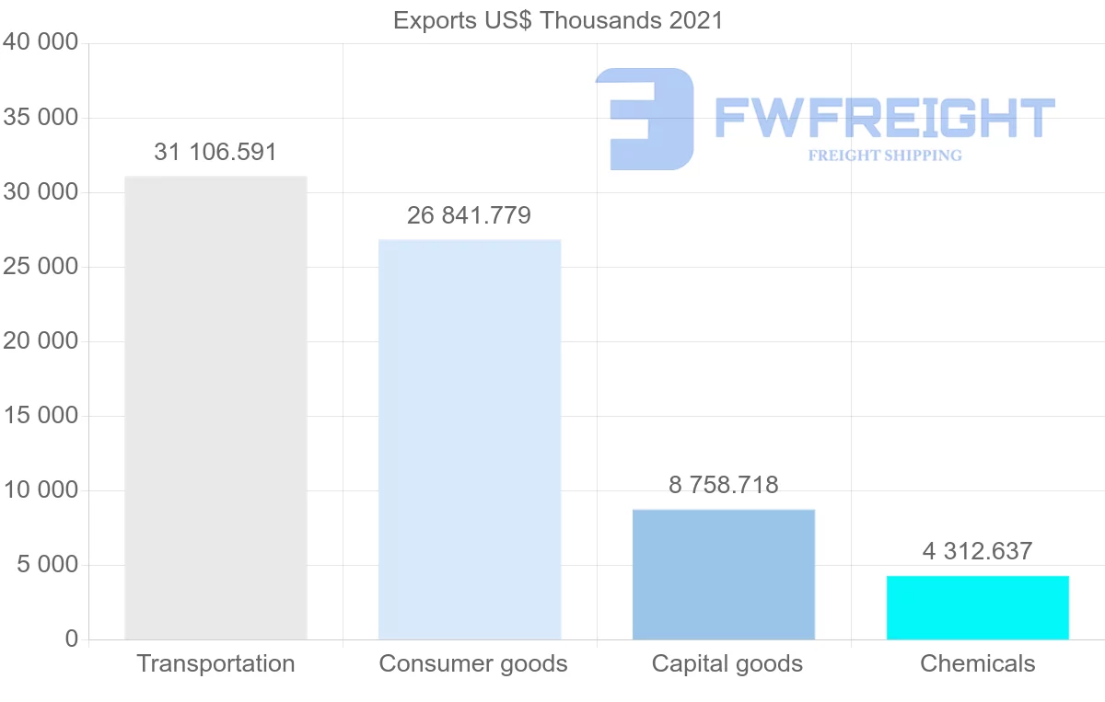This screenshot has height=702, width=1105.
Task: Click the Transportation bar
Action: [x=215, y=408]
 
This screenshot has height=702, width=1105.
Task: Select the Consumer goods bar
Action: [x=470, y=440]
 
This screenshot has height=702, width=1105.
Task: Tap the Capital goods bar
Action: [x=724, y=574]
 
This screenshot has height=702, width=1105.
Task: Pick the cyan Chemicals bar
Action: [x=978, y=607]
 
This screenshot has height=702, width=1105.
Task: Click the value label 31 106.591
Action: [x=215, y=153]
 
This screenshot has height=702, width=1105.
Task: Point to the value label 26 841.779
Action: [x=470, y=216]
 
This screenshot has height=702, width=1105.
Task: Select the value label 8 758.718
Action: [x=724, y=485]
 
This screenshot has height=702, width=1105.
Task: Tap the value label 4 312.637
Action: [x=978, y=551]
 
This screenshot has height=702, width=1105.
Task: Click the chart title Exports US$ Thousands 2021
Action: [x=558, y=20]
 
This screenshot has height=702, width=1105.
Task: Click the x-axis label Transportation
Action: [x=215, y=663]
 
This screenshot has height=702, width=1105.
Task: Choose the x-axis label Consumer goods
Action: [x=473, y=663]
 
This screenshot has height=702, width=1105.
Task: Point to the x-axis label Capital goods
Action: [x=727, y=663]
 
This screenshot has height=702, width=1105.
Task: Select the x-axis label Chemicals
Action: [x=978, y=663]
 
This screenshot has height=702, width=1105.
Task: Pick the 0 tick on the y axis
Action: [x=72, y=639]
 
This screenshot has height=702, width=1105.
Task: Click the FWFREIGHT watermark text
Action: [x=884, y=118]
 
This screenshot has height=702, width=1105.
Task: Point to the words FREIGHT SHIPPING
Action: [x=885, y=155]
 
